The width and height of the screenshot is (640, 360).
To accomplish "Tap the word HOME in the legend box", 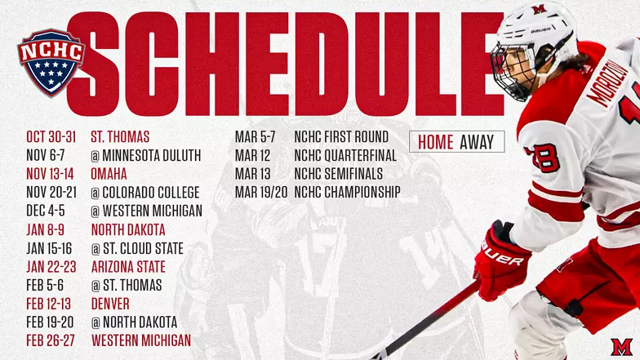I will [x=435, y=142].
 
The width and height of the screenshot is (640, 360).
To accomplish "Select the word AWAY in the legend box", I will [x=477, y=142].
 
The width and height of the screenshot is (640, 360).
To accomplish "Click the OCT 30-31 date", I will [x=51, y=136].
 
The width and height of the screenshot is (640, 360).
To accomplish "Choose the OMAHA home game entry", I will [x=109, y=174].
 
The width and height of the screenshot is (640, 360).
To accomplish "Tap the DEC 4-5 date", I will [x=47, y=211].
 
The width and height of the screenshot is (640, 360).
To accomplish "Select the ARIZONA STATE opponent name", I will [x=128, y=267].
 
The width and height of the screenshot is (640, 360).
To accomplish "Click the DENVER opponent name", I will [x=110, y=304].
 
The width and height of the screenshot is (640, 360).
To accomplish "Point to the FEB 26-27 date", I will [x=51, y=340].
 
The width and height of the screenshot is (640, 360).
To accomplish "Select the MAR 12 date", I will [x=252, y=155].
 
